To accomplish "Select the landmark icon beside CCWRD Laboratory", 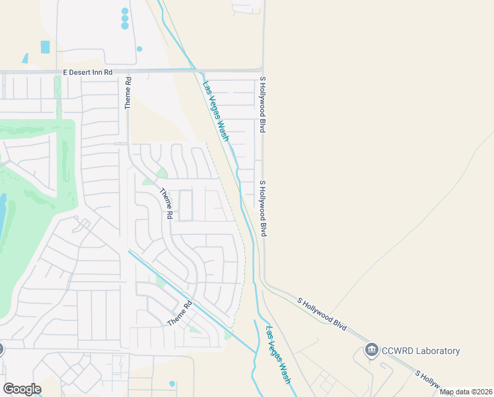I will pyautogui.click(x=372, y=350).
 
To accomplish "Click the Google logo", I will pyautogui.click(x=22, y=389).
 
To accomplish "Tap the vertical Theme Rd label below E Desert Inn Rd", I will pyautogui.click(x=129, y=93).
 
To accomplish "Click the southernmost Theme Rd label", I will pyautogui.click(x=179, y=313).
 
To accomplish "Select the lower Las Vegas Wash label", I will pyautogui.click(x=279, y=355).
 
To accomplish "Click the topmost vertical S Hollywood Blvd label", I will pyautogui.click(x=262, y=105).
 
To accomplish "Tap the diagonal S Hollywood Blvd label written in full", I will pyautogui.click(x=322, y=314).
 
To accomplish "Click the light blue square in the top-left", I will pyautogui.click(x=45, y=47).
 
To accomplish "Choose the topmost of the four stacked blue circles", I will pyautogui.click(x=125, y=11).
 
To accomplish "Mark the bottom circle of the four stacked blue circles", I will pyautogui.click(x=125, y=26).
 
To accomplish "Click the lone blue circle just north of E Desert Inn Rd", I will pyautogui.click(x=139, y=48).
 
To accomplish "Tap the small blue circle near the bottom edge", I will pyautogui.click(x=172, y=384).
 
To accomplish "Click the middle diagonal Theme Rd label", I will pyautogui.click(x=166, y=204).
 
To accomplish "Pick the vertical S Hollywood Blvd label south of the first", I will pyautogui.click(x=263, y=208).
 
